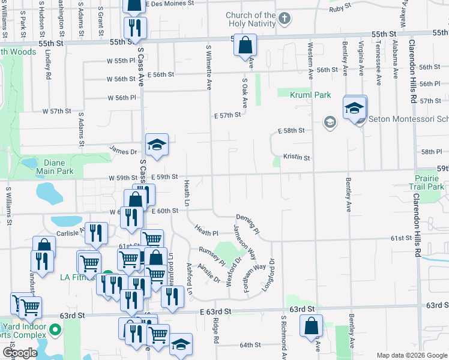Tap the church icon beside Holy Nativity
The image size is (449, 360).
point(285,19)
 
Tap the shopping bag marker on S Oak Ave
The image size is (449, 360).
point(245,46)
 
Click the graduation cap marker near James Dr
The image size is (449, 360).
point(157,145)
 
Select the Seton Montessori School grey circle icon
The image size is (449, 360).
point(329,122)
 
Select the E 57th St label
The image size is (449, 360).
point(227,115)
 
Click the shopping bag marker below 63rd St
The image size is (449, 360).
point(312,327)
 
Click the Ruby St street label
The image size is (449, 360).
point(339,8)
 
